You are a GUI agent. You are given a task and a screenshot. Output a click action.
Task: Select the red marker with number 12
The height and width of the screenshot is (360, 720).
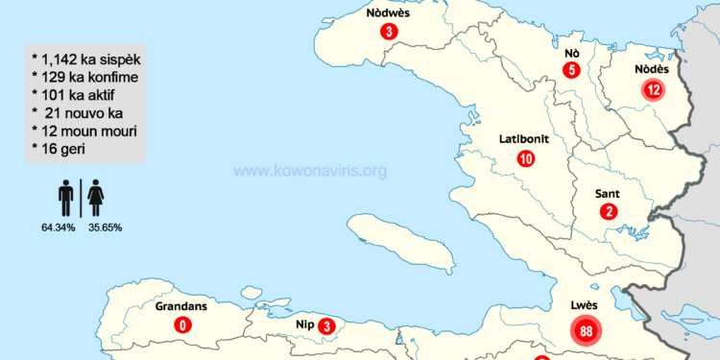click(x=653, y=90)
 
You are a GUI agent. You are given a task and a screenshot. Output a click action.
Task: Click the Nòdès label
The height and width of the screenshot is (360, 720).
click(x=653, y=69)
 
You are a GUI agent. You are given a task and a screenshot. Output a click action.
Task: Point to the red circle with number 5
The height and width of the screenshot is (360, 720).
click(x=571, y=69)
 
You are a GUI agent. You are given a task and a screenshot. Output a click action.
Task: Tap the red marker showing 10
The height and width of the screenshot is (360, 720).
click(x=525, y=159)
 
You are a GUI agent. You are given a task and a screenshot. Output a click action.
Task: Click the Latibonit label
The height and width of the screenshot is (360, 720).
click(x=524, y=139)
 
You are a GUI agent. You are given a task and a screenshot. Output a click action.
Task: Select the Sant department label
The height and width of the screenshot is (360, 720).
click(x=609, y=193)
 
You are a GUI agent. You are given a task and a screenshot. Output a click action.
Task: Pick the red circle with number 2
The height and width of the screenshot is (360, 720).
click(x=608, y=212)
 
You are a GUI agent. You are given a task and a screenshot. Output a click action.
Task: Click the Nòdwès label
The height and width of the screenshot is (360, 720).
click(x=388, y=13)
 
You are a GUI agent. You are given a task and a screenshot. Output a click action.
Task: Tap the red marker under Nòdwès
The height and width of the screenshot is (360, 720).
click(x=388, y=33)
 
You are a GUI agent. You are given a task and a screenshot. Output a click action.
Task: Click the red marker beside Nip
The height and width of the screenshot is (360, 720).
click(x=327, y=326)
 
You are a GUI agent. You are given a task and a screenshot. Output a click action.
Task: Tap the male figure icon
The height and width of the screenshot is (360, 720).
click(x=66, y=199)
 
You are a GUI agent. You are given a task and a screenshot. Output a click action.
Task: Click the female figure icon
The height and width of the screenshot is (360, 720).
click(x=96, y=199)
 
